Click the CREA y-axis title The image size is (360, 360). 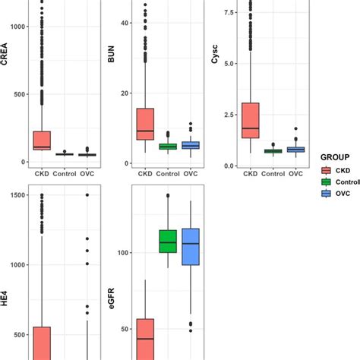[x=5, y=57]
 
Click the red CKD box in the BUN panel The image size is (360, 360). [x=144, y=124]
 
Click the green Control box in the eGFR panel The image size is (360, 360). [x=168, y=242]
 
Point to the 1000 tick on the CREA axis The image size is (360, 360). [x=17, y=27]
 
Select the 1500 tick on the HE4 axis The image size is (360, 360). [x=17, y=195]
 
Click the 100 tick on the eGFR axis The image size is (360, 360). [x=125, y=252]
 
